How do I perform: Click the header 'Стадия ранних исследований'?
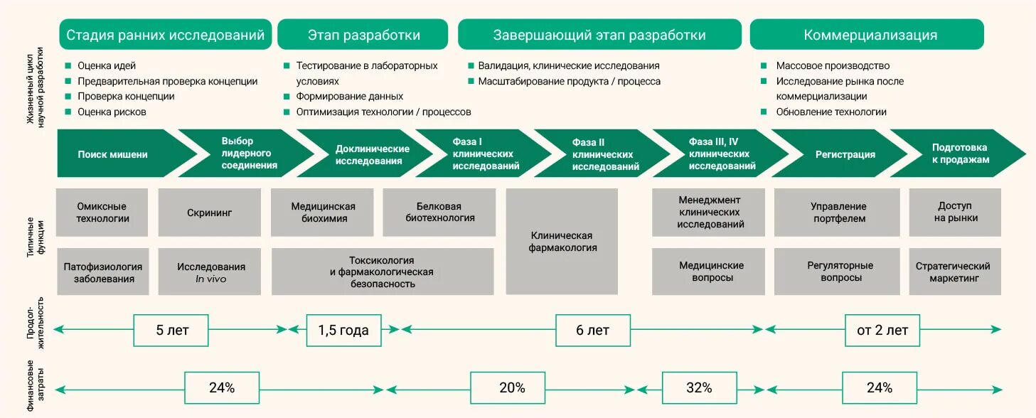pos(165,35)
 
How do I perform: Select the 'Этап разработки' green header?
pos(363,35)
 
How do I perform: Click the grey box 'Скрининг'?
pos(210,213)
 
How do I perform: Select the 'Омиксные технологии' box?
pos(103,213)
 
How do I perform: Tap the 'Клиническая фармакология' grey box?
pos(562,242)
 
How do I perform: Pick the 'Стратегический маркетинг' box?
pos(953,272)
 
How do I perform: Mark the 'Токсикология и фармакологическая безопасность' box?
pos(382,272)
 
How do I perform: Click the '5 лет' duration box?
pos(171,330)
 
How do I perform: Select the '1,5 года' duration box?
pos(343,330)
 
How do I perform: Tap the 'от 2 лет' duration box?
pos(882,330)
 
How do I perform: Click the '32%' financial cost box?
pos(699,388)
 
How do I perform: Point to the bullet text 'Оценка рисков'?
pos(112,112)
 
